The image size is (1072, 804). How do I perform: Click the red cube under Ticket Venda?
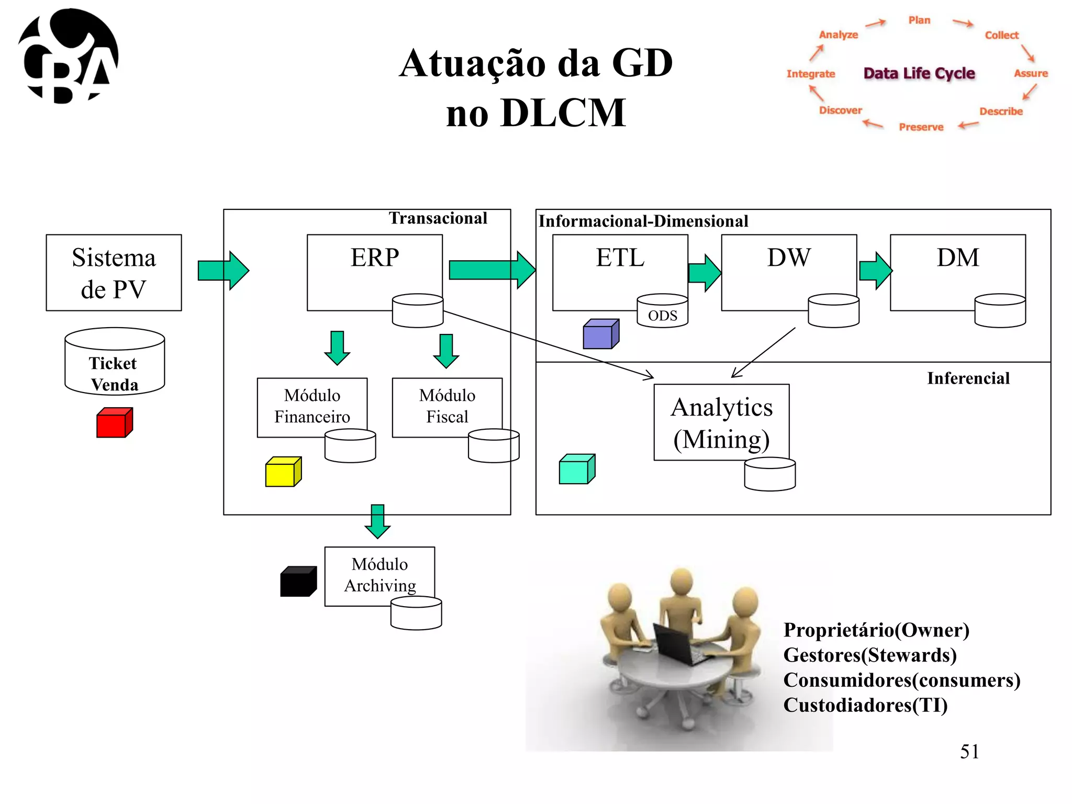click(x=114, y=423)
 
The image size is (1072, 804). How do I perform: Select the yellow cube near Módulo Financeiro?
click(x=283, y=472)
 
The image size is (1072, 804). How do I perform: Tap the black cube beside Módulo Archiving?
click(x=298, y=582)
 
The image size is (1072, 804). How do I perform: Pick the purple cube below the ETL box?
click(x=600, y=334)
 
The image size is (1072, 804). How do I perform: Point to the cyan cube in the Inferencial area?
click(x=576, y=470)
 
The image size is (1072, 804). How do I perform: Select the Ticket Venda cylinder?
click(x=115, y=362)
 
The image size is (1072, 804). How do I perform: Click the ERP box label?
click(x=374, y=258)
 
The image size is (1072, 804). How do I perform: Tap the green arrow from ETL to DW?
click(x=705, y=273)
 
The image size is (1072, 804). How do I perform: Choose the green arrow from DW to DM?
click(x=875, y=271)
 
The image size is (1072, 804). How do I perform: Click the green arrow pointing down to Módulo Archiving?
click(x=377, y=521)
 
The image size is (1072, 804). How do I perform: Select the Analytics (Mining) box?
click(x=721, y=422)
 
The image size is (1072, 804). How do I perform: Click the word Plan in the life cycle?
click(x=919, y=20)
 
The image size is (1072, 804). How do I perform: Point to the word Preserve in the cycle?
click(x=921, y=127)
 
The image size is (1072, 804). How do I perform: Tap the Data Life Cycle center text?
click(x=919, y=73)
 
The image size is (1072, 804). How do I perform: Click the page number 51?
click(x=969, y=752)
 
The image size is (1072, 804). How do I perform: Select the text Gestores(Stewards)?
click(x=869, y=655)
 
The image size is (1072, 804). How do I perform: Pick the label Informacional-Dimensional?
click(x=643, y=221)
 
